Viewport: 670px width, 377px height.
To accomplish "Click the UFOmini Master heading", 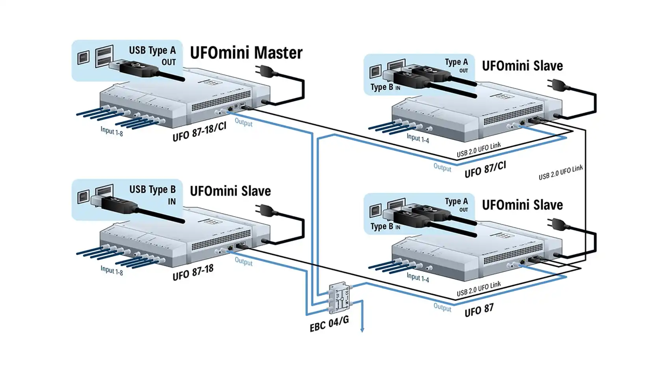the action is point(246,53).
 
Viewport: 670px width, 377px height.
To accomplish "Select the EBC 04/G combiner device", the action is point(339,297).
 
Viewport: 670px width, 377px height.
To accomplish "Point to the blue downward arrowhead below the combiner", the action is point(362,330).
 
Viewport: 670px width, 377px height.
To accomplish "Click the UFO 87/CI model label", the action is point(485,169).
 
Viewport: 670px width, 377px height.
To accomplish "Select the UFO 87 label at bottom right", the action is point(479,310).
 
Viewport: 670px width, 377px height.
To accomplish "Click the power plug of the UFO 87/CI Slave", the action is point(557,85).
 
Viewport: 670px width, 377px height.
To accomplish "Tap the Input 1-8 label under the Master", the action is point(112,131).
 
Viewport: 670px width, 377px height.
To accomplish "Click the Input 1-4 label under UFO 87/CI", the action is point(417,138).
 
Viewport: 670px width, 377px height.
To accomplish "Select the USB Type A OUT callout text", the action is point(152,55).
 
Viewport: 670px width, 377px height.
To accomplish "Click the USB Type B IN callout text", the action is point(153,195).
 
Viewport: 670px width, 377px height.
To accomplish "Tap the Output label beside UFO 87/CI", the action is point(442,167).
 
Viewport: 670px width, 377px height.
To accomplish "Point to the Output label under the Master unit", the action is point(244,122).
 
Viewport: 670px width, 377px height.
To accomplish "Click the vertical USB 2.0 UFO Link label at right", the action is point(560,173).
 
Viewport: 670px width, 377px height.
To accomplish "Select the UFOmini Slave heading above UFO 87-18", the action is point(230,191).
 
